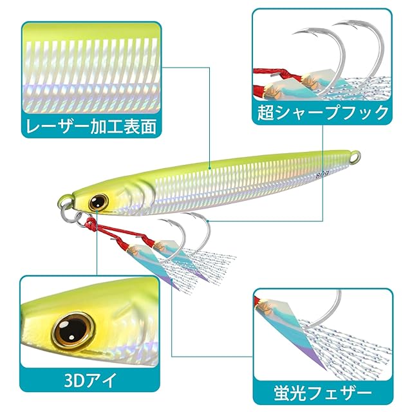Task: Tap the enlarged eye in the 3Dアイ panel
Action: (72, 326)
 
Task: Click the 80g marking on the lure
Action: (323, 173)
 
